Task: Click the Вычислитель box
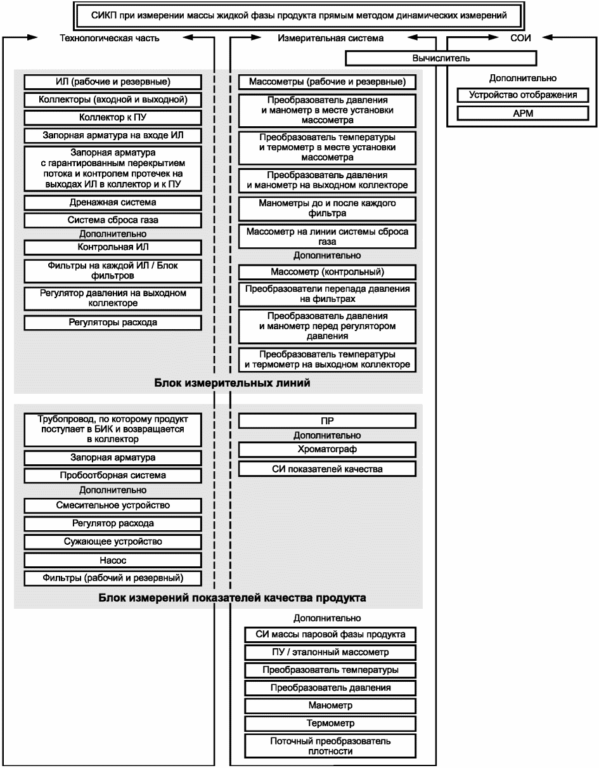(x=441, y=58)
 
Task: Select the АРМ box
(x=522, y=114)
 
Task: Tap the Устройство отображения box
(x=522, y=96)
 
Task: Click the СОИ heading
(x=520, y=38)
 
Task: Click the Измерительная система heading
(x=330, y=38)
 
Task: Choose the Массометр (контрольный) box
(x=327, y=272)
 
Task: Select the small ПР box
(x=327, y=420)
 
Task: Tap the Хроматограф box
(x=327, y=450)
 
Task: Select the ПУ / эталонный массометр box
(x=330, y=652)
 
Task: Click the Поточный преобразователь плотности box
(x=330, y=746)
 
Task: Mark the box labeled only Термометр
(x=330, y=723)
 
